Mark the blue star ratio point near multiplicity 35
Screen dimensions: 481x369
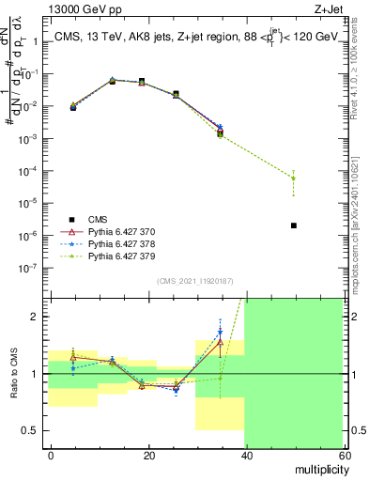point(220,332)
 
